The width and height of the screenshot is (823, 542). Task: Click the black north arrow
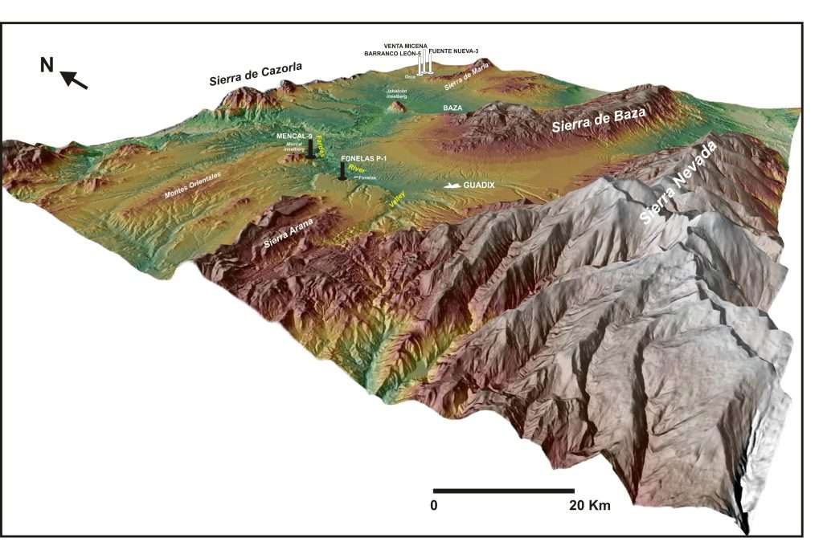pyautogui.click(x=73, y=79)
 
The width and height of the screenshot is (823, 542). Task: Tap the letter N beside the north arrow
pyautogui.click(x=47, y=64)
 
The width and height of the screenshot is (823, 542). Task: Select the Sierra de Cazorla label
pyautogui.click(x=255, y=75)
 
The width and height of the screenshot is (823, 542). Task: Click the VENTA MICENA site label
pyautogui.click(x=406, y=46)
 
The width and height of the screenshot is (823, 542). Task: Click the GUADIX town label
pyautogui.click(x=479, y=185)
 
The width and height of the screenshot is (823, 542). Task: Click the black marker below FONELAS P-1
pyautogui.click(x=342, y=172)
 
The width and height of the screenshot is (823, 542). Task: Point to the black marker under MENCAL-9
pyautogui.click(x=310, y=148)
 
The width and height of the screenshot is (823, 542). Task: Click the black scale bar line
pyautogui.click(x=503, y=490)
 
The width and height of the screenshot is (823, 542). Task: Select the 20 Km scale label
pyautogui.click(x=589, y=506)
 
